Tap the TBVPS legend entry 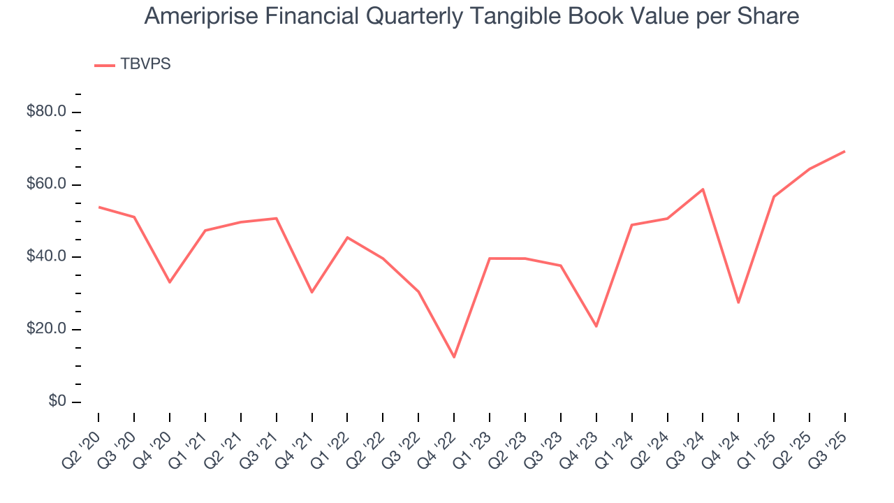click(x=145, y=64)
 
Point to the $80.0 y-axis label click(x=46, y=112)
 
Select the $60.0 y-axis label click(x=46, y=184)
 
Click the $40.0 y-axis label click(x=46, y=257)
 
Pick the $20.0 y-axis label click(x=46, y=329)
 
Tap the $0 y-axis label click(x=57, y=402)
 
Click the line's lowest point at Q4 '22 click(x=454, y=357)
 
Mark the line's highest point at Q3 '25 click(x=844, y=151)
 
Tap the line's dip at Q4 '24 click(x=738, y=302)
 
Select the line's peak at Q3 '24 click(x=703, y=189)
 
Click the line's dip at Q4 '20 click(x=170, y=282)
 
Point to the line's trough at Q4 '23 click(x=596, y=326)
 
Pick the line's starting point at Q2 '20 click(x=98, y=207)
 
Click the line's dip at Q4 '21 click(x=312, y=292)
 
